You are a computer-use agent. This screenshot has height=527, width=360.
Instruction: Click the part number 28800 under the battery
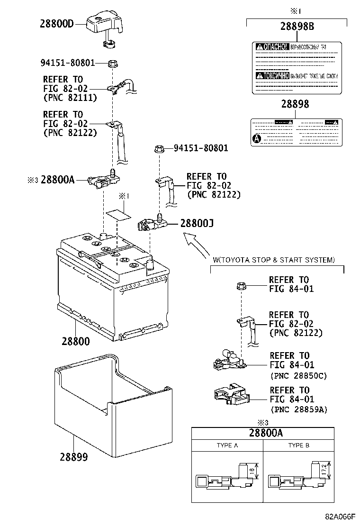click(x=75, y=341)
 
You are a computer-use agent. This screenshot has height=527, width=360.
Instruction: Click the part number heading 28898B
click(x=297, y=27)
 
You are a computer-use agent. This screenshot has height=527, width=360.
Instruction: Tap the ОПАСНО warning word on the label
click(x=272, y=46)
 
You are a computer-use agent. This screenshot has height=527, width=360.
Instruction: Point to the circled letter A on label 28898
click(x=257, y=139)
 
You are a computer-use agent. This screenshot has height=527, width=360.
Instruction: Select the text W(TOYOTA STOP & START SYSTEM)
click(x=274, y=260)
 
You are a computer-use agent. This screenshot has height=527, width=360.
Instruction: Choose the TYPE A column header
click(x=227, y=445)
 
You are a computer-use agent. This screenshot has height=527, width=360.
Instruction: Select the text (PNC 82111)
click(x=70, y=98)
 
